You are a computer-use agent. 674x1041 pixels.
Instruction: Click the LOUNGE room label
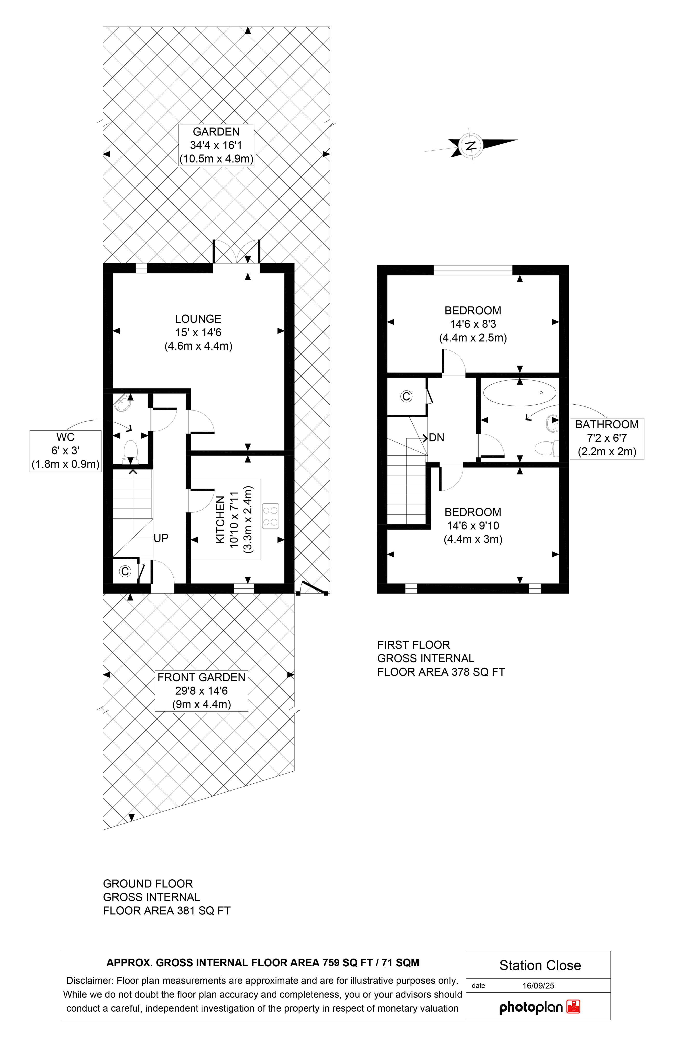click(x=198, y=319)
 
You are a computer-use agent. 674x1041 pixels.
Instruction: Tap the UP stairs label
click(x=161, y=538)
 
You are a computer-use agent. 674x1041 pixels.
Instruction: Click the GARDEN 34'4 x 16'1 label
click(x=216, y=145)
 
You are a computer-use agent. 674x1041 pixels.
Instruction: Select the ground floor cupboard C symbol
click(x=125, y=571)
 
